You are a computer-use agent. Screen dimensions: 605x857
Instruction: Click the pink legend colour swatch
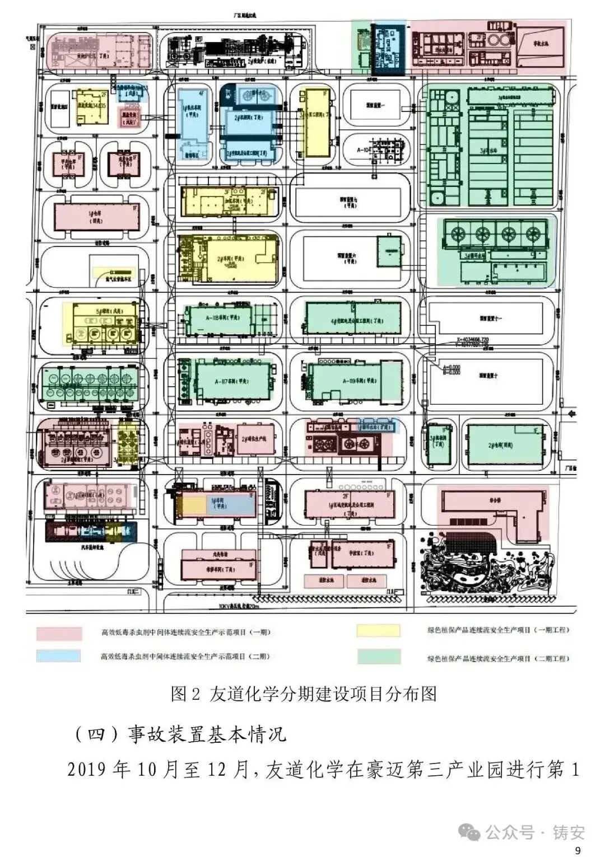(59, 633)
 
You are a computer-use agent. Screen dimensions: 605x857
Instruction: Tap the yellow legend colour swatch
(379, 630)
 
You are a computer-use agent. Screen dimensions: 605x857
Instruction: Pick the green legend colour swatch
(379, 657)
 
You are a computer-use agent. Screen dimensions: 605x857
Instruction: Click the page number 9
(578, 850)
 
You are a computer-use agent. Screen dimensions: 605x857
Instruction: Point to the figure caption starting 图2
(303, 694)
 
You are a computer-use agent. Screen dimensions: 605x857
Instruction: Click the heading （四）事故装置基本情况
(180, 734)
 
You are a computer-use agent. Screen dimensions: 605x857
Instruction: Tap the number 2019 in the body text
(87, 770)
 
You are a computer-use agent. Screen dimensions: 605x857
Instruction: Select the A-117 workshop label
(232, 381)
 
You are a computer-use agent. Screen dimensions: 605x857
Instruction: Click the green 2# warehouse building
(507, 445)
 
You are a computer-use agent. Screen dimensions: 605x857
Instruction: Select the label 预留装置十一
(491, 318)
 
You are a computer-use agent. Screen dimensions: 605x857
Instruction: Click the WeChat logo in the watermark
(469, 832)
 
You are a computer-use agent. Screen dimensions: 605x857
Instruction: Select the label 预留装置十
(488, 376)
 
